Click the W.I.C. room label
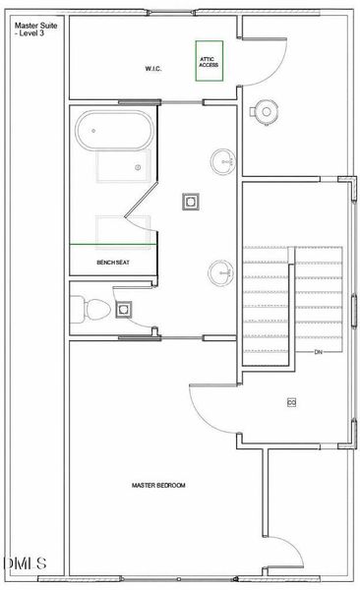153,69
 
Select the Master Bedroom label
158,486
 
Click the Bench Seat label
113,263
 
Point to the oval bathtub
114,131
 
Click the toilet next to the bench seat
90,310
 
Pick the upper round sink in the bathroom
223,162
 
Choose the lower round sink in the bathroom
221,272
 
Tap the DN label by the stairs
319,352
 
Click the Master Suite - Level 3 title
35,29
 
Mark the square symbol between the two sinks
191,202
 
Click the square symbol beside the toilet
124,310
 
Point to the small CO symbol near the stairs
291,402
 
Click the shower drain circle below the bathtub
138,167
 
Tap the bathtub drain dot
93,131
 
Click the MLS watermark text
25,563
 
